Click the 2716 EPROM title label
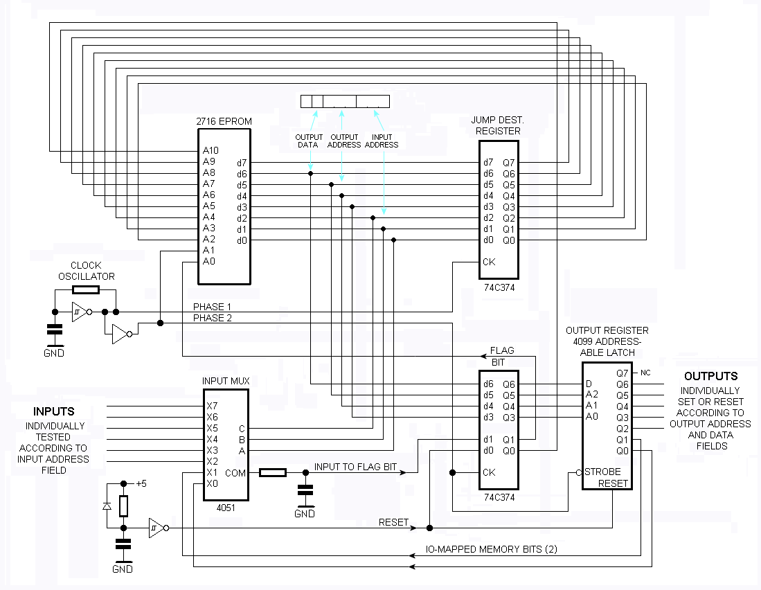[x=224, y=121]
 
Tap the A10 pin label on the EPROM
[x=211, y=150]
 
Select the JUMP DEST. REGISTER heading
[x=497, y=125]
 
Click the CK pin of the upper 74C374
[x=489, y=262]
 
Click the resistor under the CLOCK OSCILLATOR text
[x=86, y=290]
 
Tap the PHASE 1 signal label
[x=212, y=307]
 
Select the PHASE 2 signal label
[x=212, y=319]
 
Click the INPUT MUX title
[x=226, y=381]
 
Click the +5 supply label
[x=141, y=483]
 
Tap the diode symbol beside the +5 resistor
[x=107, y=506]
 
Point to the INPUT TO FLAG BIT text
[x=355, y=467]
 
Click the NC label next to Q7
[x=646, y=373]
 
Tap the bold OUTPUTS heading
[x=710, y=376]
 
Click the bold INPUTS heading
[x=54, y=411]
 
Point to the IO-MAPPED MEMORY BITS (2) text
[x=491, y=549]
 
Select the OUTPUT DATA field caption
[x=308, y=141]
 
